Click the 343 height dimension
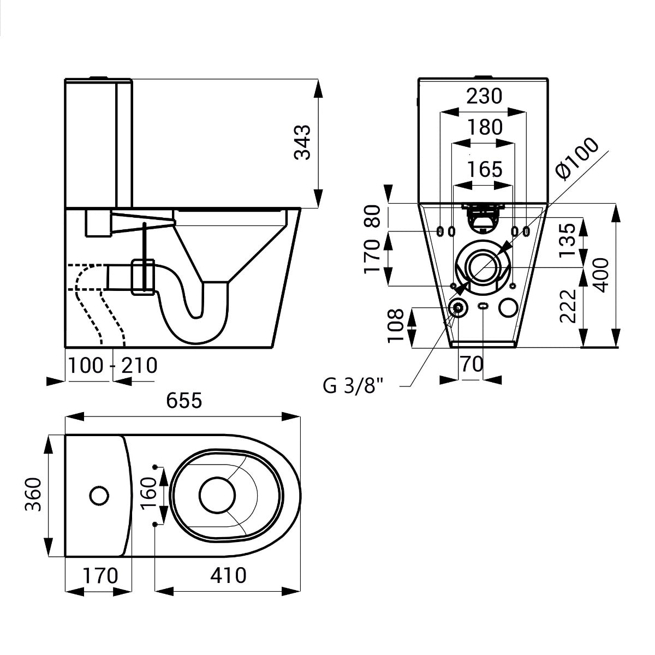click(302, 142)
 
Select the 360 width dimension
click(33, 495)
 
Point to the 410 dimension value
click(228, 575)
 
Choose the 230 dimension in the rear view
click(483, 96)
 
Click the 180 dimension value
click(483, 127)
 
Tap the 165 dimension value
click(483, 169)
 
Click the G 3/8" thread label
click(353, 386)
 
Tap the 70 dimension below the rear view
click(472, 364)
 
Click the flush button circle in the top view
click(99, 495)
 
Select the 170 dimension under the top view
click(100, 575)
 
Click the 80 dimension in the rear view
click(372, 216)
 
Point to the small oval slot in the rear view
click(483, 306)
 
